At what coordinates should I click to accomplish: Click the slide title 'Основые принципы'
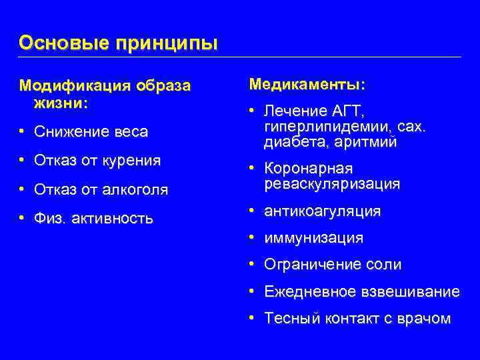coord(118,43)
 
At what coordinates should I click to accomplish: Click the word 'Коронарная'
coord(308,168)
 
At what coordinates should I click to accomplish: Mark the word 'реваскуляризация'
coord(332,183)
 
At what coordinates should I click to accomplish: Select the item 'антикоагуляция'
coord(322,211)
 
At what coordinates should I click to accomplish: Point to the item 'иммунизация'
coord(313,238)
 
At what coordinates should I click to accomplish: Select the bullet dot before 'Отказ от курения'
coord(22,161)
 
